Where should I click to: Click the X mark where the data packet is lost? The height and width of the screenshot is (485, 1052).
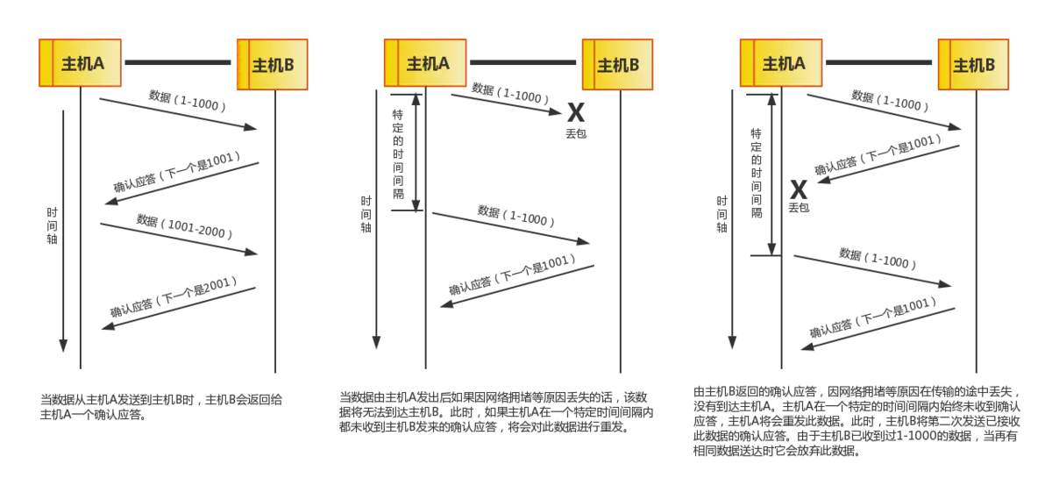[576, 111]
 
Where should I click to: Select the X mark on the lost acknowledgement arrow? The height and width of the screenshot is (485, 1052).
[799, 188]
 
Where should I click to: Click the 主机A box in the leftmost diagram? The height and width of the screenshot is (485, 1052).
[81, 63]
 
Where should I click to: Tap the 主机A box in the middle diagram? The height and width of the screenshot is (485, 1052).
[427, 63]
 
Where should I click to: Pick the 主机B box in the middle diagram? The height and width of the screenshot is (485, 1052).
[617, 64]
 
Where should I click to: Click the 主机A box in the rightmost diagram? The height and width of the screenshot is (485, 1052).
[783, 63]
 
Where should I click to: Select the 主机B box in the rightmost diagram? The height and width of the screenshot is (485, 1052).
[973, 64]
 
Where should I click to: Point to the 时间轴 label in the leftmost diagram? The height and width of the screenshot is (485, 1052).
[53, 225]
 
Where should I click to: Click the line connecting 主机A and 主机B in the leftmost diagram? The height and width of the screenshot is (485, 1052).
[180, 63]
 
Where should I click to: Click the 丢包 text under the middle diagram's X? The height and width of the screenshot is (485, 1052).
[575, 132]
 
